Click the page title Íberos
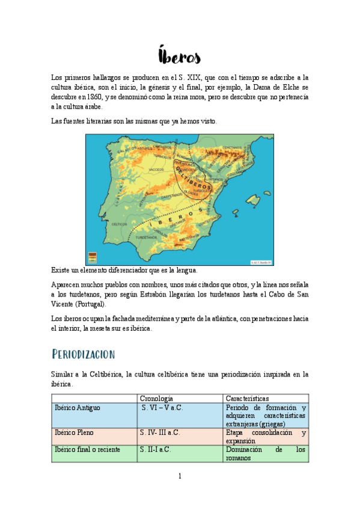pos(180,56)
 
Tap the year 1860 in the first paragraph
pos(90,97)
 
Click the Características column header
pos(247,398)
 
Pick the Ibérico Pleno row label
pos(74,432)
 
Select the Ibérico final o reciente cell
pos(87,449)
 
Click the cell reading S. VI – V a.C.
pos(162,408)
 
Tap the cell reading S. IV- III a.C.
pos(160,432)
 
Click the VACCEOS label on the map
pos(139,170)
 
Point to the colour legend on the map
pos(92,257)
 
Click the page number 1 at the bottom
pos(179,477)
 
